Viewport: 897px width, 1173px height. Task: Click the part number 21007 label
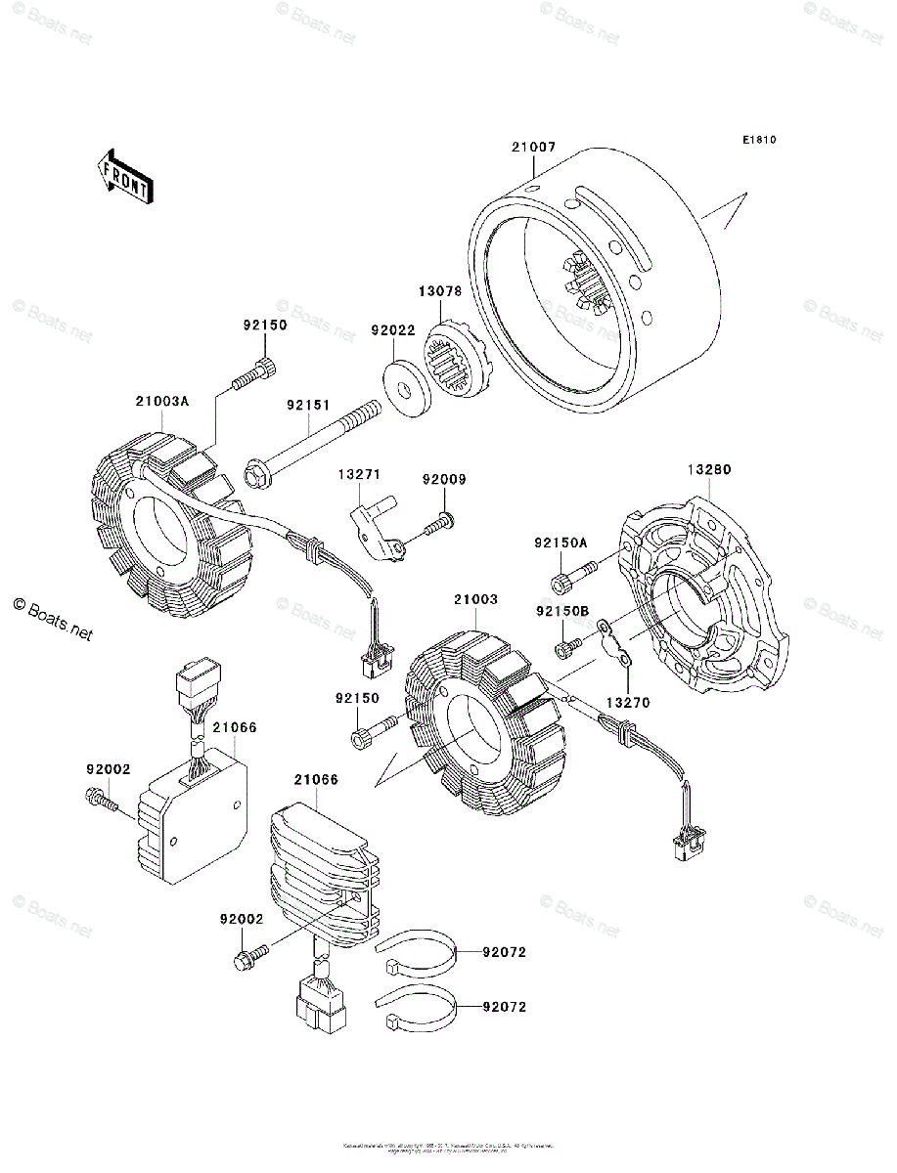point(533,148)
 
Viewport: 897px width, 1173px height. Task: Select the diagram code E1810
point(758,140)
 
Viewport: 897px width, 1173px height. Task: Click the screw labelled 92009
point(436,525)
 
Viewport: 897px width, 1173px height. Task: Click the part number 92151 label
point(308,404)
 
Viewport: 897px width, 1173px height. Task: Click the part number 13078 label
point(442,292)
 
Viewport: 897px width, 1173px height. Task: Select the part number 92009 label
point(444,480)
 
